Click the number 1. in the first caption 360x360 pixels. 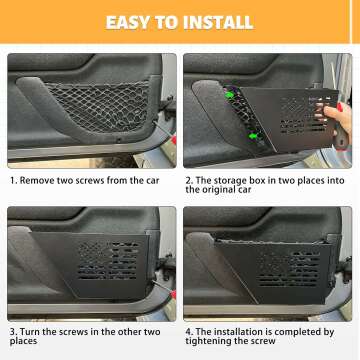[13, 182]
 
